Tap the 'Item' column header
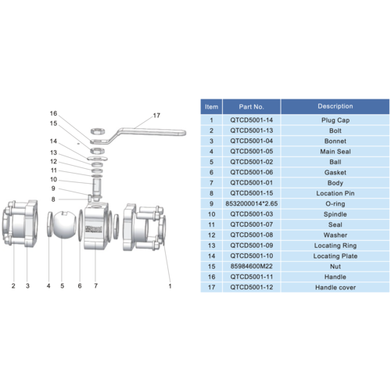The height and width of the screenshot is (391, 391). coord(211,106)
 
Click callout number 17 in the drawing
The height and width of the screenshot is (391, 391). coord(156,116)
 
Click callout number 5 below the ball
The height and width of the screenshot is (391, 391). coord(63,286)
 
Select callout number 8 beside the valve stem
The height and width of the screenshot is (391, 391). coord(54,199)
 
